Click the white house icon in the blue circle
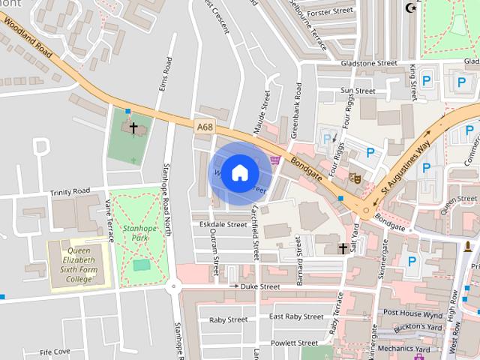tap(239, 172)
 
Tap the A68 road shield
tap(205, 127)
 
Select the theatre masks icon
tap(355, 177)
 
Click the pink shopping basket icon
tap(275, 159)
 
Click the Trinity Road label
tap(70, 192)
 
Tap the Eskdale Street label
tap(218, 224)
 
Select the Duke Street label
tap(259, 286)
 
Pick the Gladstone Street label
tap(368, 64)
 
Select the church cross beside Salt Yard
tap(343, 248)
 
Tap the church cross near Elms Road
tap(134, 128)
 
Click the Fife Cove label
tap(55, 351)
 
